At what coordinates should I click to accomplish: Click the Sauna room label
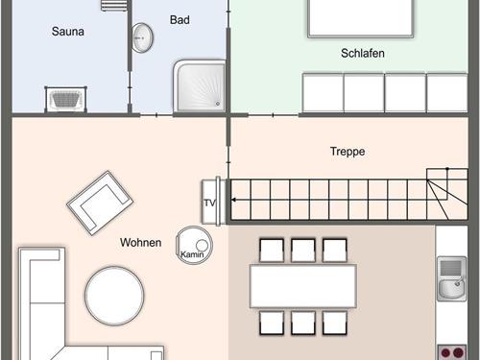68,32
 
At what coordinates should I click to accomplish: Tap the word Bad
180,20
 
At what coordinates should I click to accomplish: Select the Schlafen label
363,53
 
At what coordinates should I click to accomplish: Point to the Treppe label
348,152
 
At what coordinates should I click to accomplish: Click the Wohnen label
140,242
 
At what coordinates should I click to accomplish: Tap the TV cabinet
210,201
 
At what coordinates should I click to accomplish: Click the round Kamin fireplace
194,245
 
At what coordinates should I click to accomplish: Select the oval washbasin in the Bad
142,37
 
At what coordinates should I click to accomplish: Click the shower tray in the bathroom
200,85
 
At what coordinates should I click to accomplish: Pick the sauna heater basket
66,99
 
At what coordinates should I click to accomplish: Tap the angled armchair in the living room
100,203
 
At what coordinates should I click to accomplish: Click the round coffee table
114,296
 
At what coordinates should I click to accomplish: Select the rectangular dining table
303,286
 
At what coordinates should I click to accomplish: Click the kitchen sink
451,278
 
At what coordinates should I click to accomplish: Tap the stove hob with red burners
452,352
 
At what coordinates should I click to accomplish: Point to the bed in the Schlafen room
361,18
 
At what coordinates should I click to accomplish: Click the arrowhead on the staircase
233,200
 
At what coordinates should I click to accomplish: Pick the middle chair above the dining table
303,251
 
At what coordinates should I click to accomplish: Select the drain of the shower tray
218,104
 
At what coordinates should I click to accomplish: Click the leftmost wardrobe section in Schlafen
323,93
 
